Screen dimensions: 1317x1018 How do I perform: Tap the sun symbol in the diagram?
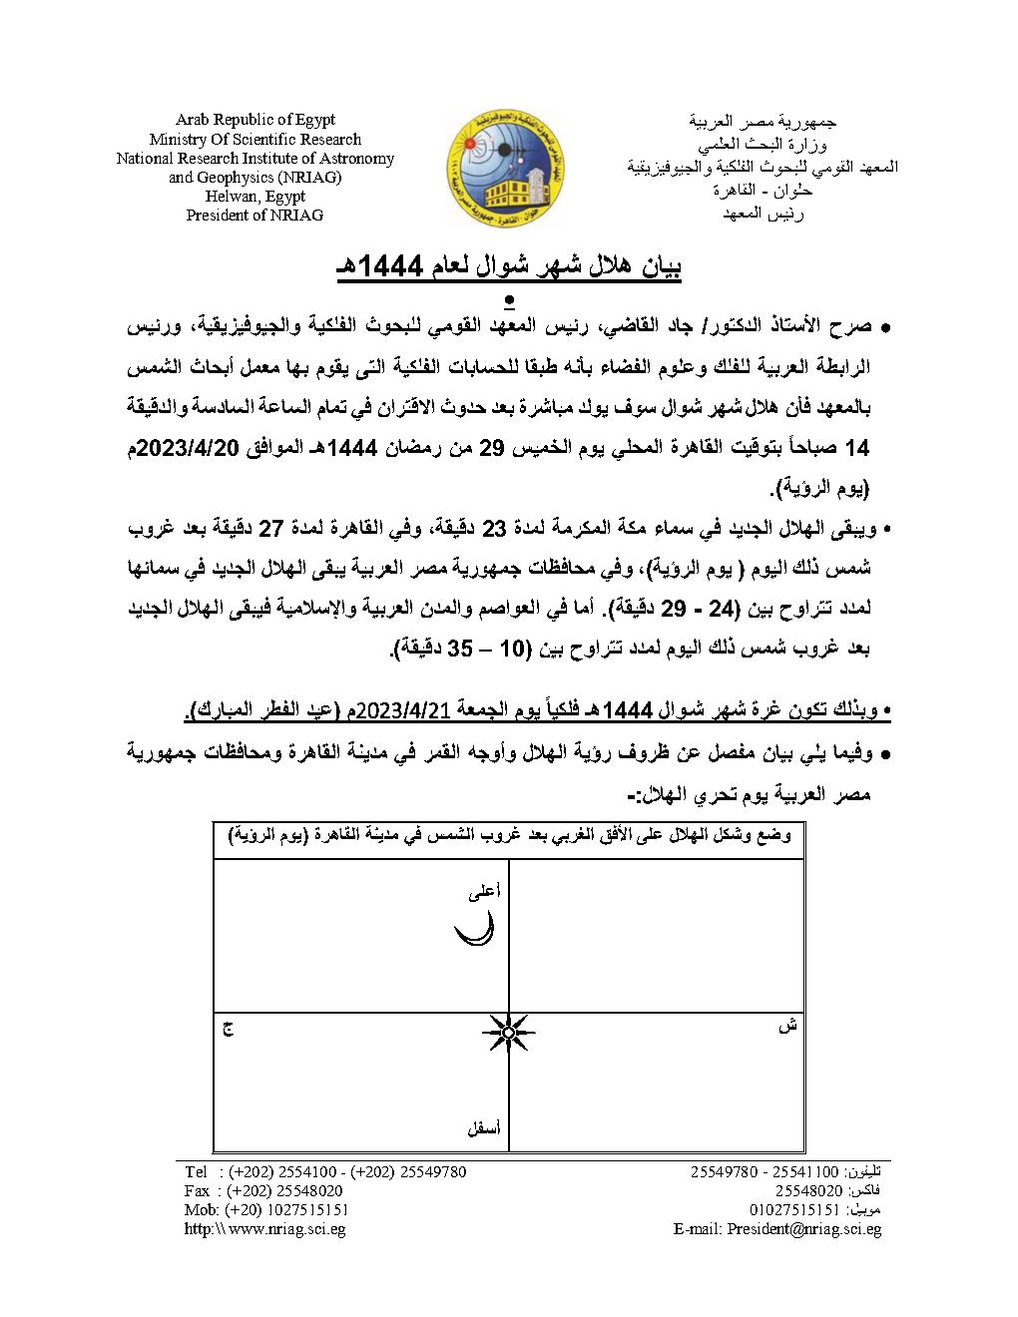tap(508, 1033)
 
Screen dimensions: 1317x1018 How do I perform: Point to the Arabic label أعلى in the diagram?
tap(484, 893)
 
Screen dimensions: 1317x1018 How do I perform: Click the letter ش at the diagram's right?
tap(787, 1026)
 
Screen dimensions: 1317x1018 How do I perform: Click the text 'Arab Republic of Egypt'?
tap(255, 120)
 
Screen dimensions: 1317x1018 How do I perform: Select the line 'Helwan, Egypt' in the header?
tap(255, 197)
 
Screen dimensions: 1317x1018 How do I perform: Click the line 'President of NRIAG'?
tap(255, 216)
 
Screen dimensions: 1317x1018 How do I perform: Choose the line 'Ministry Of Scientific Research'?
tap(255, 140)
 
